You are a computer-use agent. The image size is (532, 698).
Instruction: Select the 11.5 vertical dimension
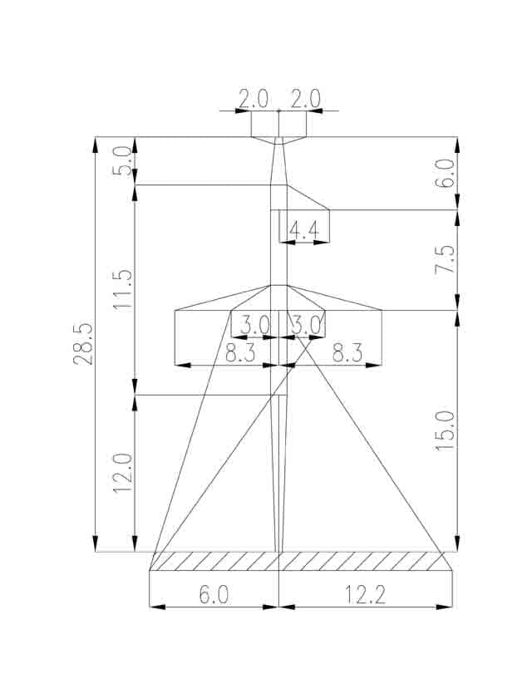pyautogui.click(x=123, y=289)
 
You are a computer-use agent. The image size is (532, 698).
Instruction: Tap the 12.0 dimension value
pyautogui.click(x=123, y=473)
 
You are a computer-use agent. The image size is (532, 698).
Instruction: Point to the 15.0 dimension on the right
pyautogui.click(x=446, y=431)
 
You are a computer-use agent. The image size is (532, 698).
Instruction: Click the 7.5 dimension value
pyautogui.click(x=446, y=259)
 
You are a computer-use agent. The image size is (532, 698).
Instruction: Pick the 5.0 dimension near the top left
pyautogui.click(x=123, y=161)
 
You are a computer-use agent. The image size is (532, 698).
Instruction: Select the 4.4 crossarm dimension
pyautogui.click(x=304, y=231)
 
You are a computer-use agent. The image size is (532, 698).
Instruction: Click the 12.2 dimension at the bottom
pyautogui.click(x=365, y=595)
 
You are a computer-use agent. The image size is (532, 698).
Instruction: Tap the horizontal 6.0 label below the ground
pyautogui.click(x=214, y=595)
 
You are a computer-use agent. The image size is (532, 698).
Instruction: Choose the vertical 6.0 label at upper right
pyautogui.click(x=446, y=174)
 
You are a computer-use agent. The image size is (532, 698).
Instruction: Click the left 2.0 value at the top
pyautogui.click(x=254, y=99)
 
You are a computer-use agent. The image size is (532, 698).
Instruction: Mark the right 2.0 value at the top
pyautogui.click(x=305, y=99)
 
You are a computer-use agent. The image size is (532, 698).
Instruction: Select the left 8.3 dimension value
pyautogui.click(x=240, y=353)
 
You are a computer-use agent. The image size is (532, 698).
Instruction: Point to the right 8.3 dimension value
pyautogui.click(x=347, y=353)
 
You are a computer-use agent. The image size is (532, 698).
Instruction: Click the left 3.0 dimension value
pyautogui.click(x=255, y=325)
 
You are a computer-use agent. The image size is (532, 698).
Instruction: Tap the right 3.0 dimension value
pyautogui.click(x=305, y=325)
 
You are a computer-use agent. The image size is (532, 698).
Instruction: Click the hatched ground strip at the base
pyautogui.click(x=301, y=561)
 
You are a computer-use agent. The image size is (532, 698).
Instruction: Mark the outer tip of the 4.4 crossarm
pyautogui.click(x=329, y=209)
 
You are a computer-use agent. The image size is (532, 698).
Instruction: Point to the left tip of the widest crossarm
pyautogui.click(x=175, y=310)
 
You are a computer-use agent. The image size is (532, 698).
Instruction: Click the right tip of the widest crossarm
pyautogui.click(x=382, y=310)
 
